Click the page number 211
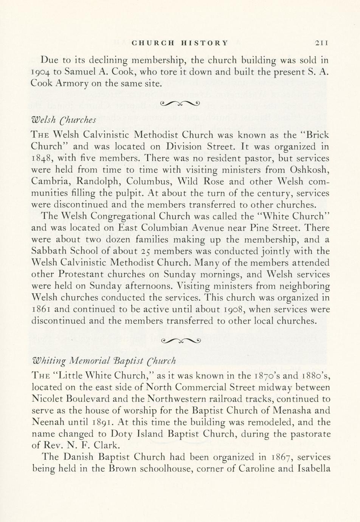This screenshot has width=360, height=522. (322, 43)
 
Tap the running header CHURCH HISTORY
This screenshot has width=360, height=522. (180, 43)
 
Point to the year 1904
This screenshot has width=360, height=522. (43, 72)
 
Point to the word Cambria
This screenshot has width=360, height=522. (47, 181)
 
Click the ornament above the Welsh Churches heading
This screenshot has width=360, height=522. (180, 103)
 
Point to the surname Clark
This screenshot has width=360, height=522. (93, 445)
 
